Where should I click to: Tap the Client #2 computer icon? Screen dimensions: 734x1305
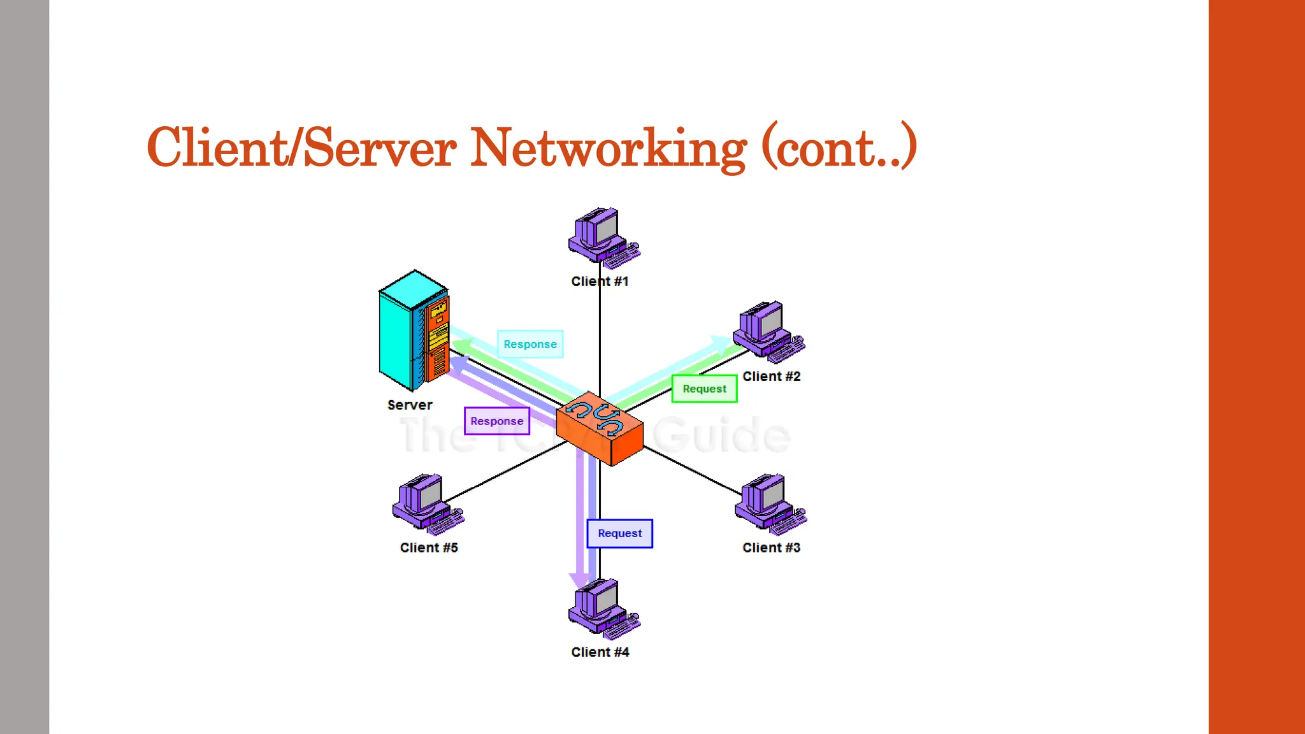click(x=767, y=329)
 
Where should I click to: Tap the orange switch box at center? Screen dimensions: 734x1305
click(x=600, y=429)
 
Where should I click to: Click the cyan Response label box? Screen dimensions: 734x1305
click(x=530, y=344)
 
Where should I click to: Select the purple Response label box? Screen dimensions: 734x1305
click(x=497, y=421)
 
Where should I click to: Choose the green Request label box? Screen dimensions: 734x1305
click(x=704, y=389)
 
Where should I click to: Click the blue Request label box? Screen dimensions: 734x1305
click(x=619, y=533)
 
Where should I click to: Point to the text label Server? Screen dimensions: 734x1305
click(x=410, y=405)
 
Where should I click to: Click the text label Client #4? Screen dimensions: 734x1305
click(x=600, y=652)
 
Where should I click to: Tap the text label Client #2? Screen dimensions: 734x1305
click(x=771, y=377)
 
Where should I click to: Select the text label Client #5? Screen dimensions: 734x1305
click(x=429, y=547)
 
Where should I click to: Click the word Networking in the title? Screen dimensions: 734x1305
click(x=608, y=148)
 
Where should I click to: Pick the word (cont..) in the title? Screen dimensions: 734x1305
click(x=839, y=148)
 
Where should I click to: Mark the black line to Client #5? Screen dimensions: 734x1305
click(x=503, y=473)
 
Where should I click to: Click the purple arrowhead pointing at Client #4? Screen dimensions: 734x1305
click(x=580, y=579)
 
